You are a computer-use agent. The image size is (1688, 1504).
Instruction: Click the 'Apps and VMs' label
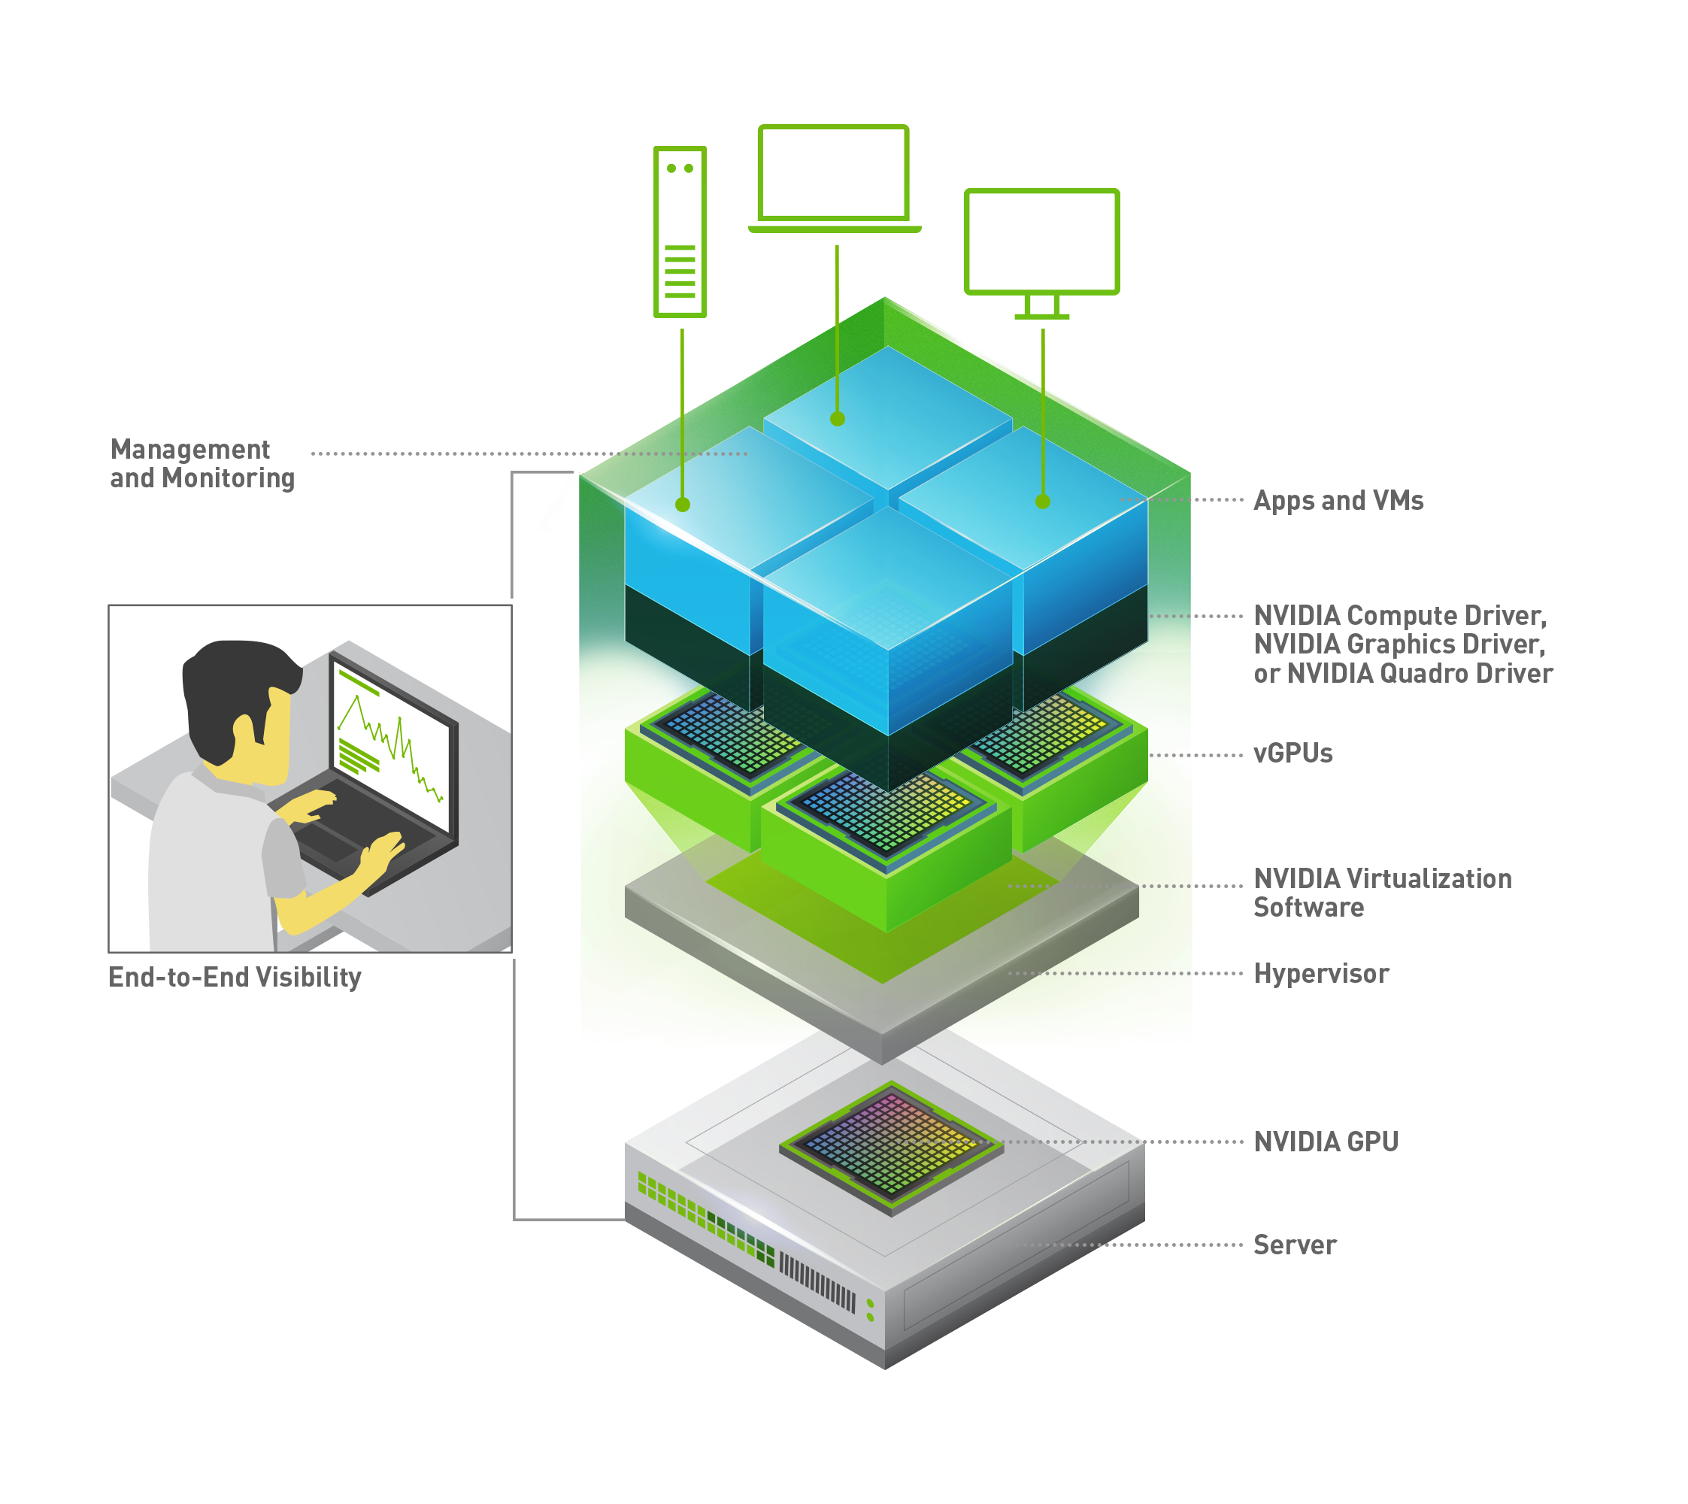click(1338, 501)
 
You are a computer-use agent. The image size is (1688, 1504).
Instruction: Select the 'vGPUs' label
click(1293, 753)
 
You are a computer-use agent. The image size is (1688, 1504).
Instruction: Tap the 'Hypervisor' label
click(1320, 974)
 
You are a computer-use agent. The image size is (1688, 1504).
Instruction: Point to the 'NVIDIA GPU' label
click(1326, 1142)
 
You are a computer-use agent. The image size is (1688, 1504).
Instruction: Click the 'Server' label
click(1294, 1244)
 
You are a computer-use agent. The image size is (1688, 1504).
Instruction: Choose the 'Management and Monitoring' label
click(202, 465)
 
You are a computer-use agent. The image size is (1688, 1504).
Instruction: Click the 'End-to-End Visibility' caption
click(235, 978)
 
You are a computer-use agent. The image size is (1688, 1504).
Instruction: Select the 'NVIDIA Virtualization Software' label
click(1381, 893)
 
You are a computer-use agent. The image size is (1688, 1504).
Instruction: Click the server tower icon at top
click(680, 232)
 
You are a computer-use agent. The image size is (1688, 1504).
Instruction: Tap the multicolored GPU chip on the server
click(891, 1146)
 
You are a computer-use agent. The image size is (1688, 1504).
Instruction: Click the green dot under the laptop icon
click(837, 419)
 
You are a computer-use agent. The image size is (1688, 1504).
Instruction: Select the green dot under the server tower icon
click(683, 504)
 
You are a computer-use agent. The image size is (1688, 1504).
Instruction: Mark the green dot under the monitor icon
click(1043, 502)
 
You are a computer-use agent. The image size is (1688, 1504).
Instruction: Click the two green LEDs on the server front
click(870, 1310)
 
